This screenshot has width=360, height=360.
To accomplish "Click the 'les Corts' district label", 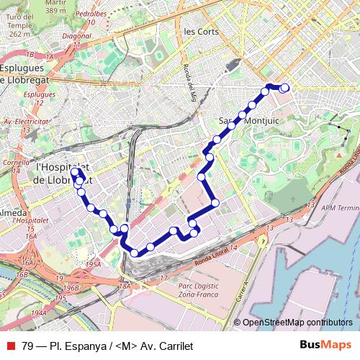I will pyautogui.click(x=201, y=32).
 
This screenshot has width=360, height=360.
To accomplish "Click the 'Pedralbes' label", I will pyautogui.click(x=95, y=13).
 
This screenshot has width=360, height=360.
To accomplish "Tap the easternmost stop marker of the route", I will pyautogui.click(x=284, y=88).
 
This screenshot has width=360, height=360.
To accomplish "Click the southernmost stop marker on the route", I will pyautogui.click(x=134, y=252).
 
